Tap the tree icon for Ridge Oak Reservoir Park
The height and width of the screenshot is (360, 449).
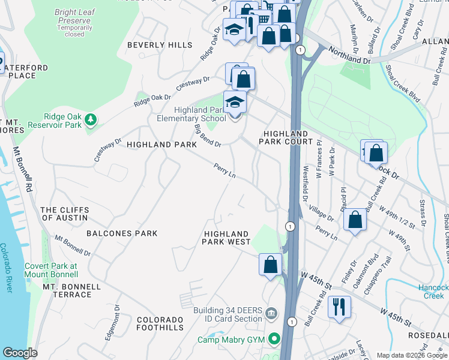[x=91, y=120]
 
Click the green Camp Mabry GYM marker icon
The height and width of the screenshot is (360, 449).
[x=276, y=340]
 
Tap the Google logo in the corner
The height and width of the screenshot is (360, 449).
[x=20, y=353]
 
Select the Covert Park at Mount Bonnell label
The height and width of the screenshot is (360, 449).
[x=51, y=270]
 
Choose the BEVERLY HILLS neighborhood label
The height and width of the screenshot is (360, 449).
[x=160, y=45]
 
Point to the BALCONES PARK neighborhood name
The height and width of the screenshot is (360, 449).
[x=122, y=233]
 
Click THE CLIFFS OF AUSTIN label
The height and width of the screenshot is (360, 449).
[x=64, y=214]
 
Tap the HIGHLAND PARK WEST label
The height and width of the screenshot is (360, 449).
[x=227, y=238]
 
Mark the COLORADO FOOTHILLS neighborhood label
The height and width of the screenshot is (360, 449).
[x=160, y=323]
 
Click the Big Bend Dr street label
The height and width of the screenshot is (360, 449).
[x=208, y=136]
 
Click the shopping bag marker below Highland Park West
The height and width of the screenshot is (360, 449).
[x=270, y=265]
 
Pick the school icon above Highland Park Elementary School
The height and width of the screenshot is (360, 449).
[x=235, y=103]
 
